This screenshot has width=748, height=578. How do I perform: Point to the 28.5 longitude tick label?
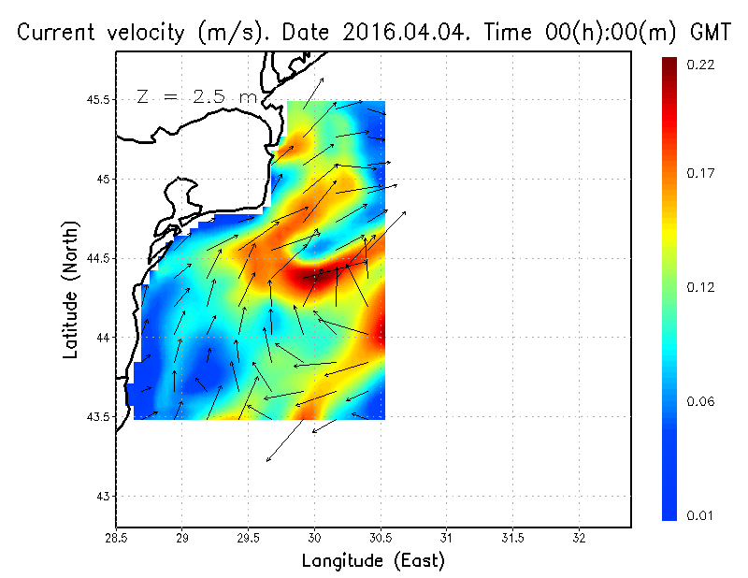(x=116, y=538)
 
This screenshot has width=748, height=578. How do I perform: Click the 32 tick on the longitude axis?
(x=579, y=538)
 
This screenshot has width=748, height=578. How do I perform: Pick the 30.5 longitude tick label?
(x=381, y=538)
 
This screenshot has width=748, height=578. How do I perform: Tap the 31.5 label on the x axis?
(x=512, y=538)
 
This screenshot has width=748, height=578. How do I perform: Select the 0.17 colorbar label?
(x=700, y=173)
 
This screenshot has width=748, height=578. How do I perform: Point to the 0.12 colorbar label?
(x=700, y=287)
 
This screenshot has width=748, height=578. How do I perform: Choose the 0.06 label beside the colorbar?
(x=700, y=401)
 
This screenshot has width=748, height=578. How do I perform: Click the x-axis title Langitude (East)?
(x=373, y=561)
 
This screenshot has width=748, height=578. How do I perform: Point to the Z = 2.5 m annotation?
(x=195, y=96)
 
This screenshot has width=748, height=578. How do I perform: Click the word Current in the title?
(x=55, y=33)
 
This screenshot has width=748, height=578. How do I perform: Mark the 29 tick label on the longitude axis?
(x=182, y=538)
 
